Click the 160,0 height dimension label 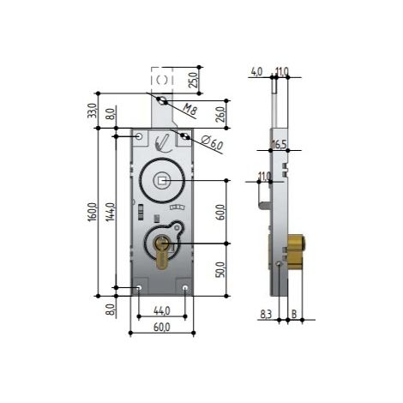coord(93,212)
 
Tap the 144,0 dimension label coord(111,212)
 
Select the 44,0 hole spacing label coord(162,310)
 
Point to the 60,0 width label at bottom coord(162,328)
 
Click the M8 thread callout coord(189,110)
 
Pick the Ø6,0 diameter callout coord(212,142)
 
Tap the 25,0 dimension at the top coord(193,80)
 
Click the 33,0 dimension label coord(92,111)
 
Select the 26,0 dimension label coord(220,114)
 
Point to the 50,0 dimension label coord(220,269)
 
